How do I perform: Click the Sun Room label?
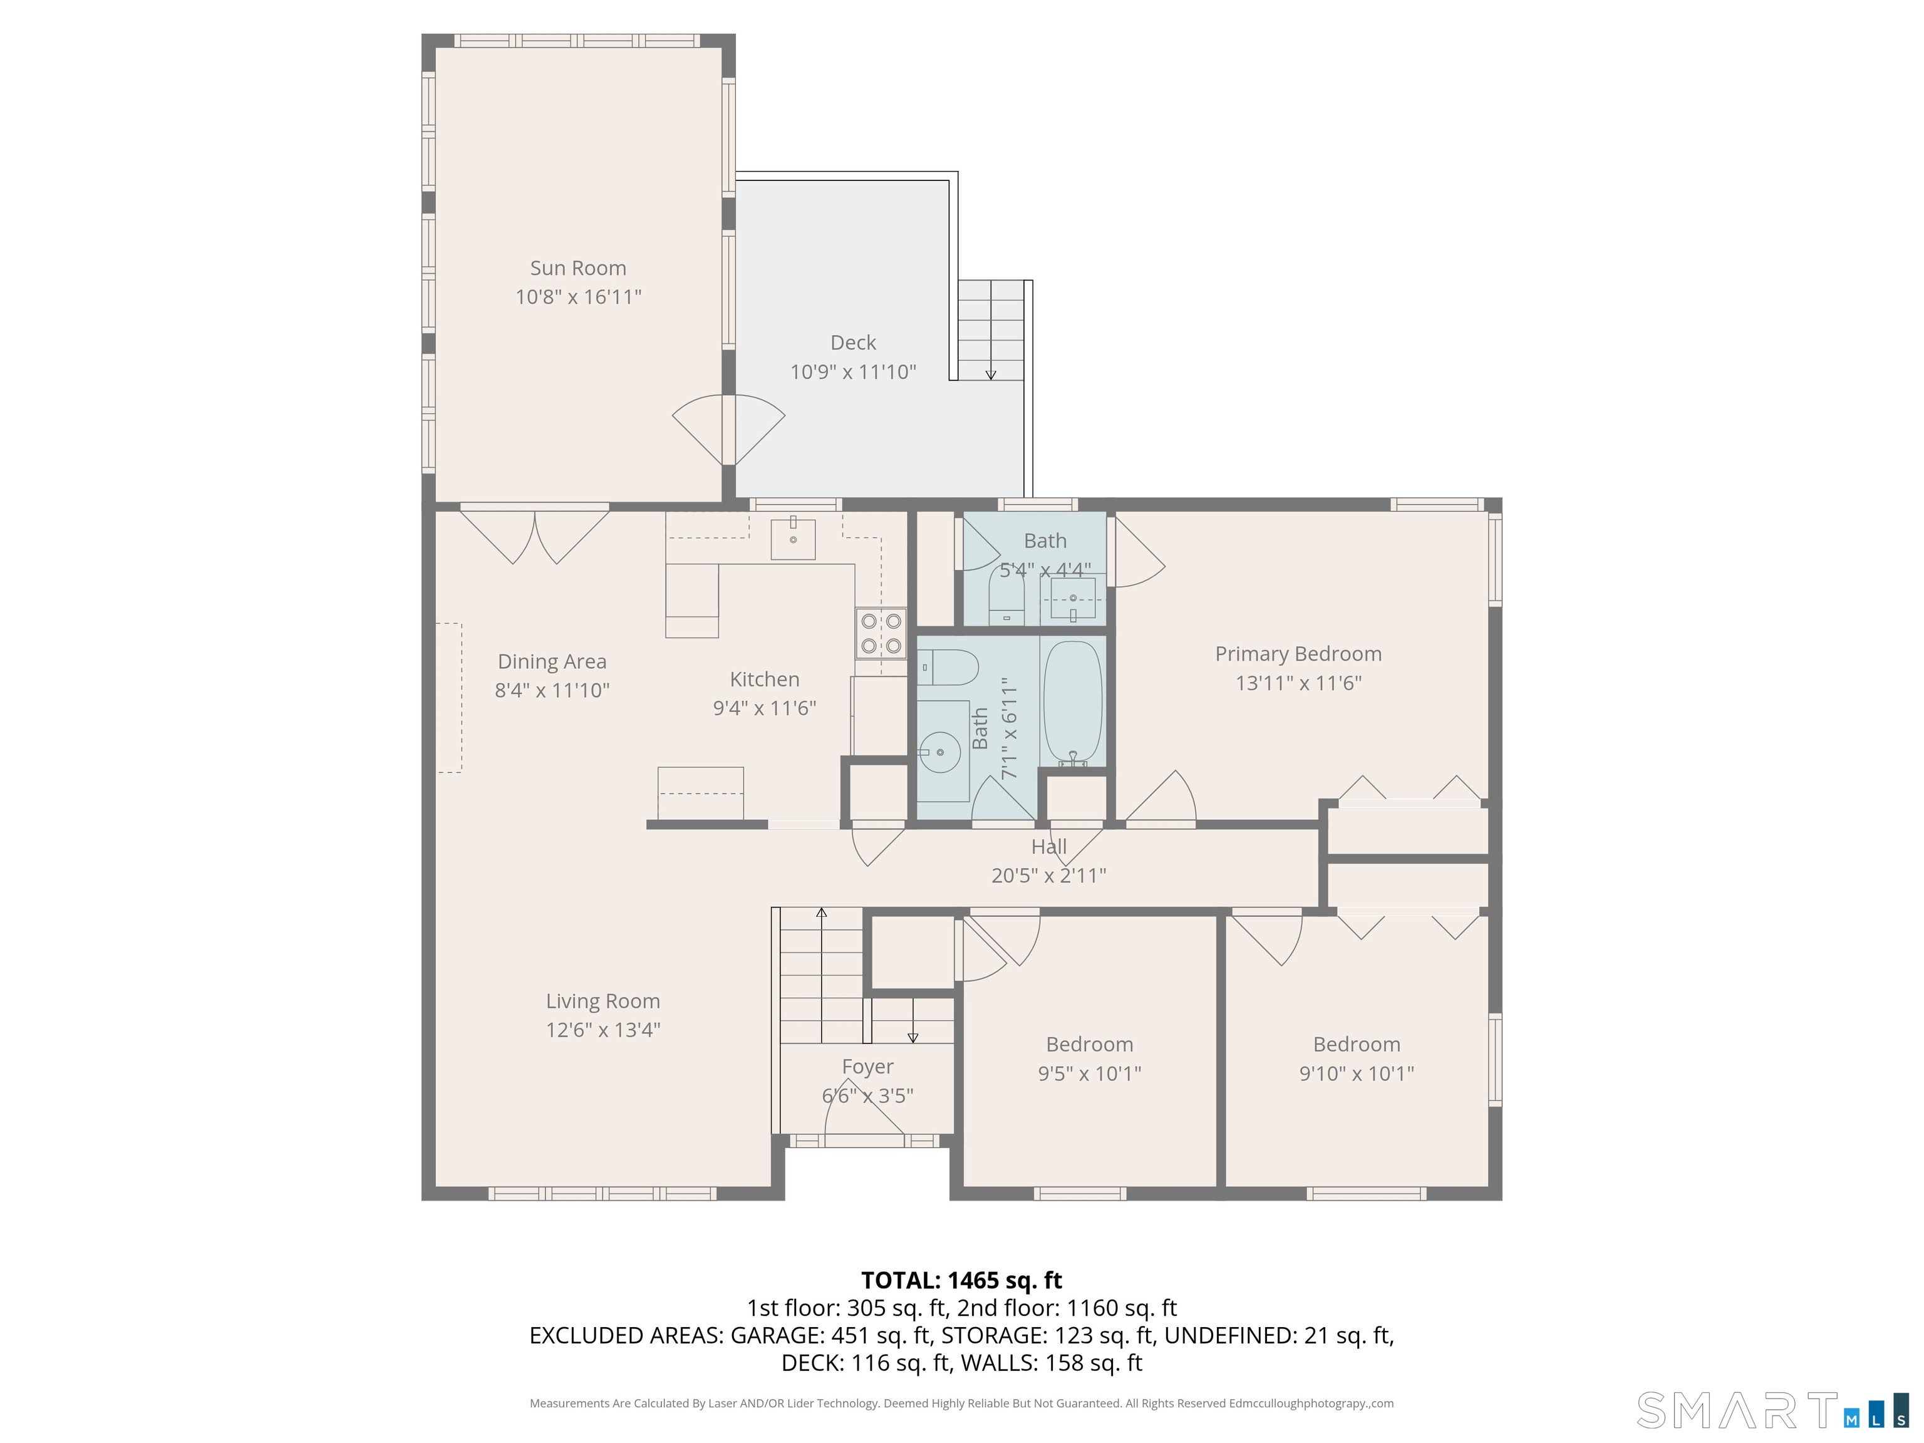pos(579,268)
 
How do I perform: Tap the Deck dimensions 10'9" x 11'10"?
pos(853,371)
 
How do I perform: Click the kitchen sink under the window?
pos(794,539)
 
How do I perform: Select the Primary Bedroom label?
pos(1298,654)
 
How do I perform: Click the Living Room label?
pos(603,1001)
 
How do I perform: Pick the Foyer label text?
pos(867,1067)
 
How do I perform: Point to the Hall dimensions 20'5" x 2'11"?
pos(1049,875)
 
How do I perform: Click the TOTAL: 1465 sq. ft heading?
pos(961,1280)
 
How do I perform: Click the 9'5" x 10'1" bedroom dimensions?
pos(1089,1073)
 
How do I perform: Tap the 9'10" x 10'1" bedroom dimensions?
pos(1356,1073)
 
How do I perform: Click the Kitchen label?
pos(765,680)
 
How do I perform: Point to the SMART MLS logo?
pos(1772,1410)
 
